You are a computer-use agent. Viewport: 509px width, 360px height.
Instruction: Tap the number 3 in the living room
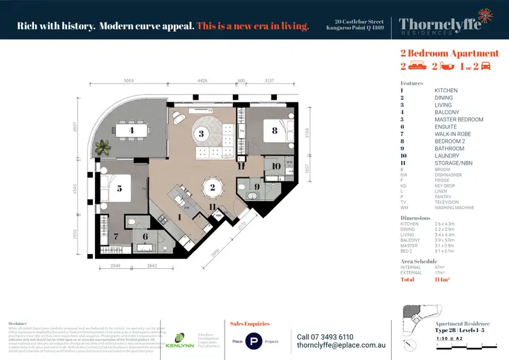click(202, 134)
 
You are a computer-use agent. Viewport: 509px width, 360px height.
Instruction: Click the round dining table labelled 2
click(212, 187)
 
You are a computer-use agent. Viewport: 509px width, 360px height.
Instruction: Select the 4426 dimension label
click(202, 81)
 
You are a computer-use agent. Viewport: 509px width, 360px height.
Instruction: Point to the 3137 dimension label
click(270, 81)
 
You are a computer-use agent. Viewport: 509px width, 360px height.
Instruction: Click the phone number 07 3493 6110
click(325, 336)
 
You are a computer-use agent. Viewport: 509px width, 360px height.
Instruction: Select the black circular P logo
click(254, 341)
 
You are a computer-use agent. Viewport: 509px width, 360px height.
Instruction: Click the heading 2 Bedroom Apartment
click(449, 53)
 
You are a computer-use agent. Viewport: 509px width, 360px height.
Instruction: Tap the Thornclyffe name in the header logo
click(441, 24)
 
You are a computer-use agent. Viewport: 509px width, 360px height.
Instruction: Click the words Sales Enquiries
click(250, 324)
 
